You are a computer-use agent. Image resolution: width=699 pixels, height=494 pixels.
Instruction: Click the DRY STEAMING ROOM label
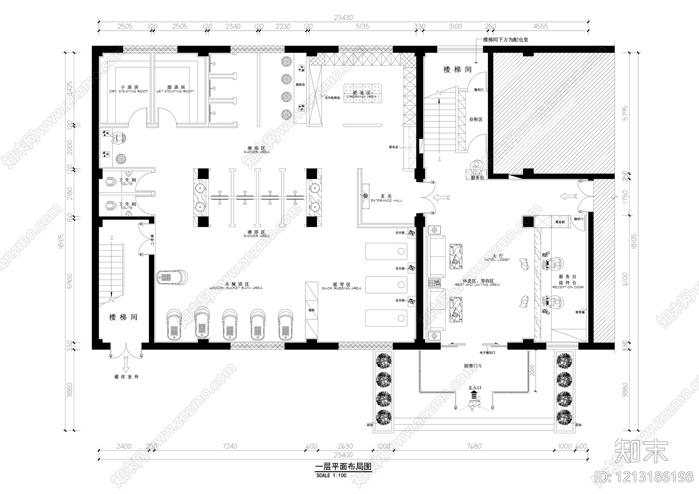point(128,91)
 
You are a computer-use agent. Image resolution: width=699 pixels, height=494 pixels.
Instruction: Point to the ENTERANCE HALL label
point(386,200)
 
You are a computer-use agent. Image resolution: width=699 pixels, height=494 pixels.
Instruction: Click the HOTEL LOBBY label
point(497,260)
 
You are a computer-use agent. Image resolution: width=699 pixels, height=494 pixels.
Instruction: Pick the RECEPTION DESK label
point(568,287)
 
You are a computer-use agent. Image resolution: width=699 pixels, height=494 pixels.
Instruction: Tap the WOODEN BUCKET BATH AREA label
point(235,288)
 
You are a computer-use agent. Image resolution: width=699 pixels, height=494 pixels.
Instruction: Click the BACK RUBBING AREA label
point(341,288)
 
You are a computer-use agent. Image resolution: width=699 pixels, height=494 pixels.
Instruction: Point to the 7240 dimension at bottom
point(230,446)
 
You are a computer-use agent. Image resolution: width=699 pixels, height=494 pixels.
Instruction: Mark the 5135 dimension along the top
point(362,26)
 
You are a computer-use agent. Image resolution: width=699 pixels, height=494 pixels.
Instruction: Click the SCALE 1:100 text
point(331,475)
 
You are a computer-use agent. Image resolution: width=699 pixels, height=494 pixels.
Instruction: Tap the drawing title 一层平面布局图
point(343,466)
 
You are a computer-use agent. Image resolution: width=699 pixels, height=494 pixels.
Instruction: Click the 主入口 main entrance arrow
point(474,394)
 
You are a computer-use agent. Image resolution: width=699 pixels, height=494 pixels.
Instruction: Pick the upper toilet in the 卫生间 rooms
point(112,182)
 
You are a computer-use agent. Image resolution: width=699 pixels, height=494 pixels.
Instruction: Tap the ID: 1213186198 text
point(644,476)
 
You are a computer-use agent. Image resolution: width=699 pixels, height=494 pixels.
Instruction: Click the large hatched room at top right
point(552,112)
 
